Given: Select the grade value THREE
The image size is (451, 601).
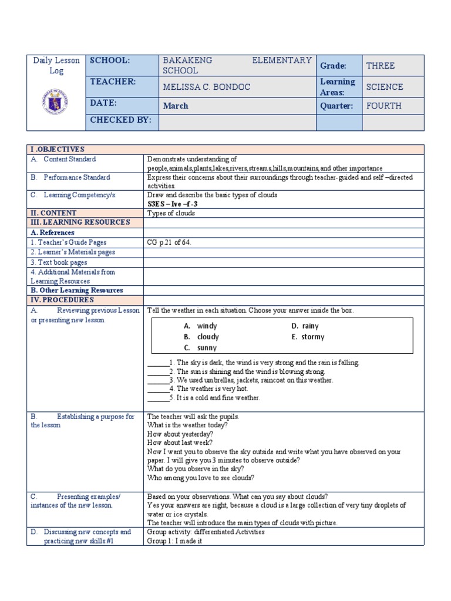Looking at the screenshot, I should point(380,66).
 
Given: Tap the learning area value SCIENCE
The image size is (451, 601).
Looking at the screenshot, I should point(384,87).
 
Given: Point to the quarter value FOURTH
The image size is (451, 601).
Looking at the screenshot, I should point(383,106).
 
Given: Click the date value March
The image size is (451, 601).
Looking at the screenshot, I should point(175,106).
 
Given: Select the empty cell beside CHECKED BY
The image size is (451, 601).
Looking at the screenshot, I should point(237,122).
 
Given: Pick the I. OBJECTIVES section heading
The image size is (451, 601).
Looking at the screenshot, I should point(58,150).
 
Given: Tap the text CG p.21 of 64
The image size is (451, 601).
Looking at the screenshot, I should point(169,242).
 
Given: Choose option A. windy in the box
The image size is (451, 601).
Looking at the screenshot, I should point(200,326).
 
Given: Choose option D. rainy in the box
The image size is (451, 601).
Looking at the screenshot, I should point(305,326).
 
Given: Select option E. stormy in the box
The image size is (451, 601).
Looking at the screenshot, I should point(308,337).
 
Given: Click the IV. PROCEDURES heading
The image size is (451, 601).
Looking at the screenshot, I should point(62,300).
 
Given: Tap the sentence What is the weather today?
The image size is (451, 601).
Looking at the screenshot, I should point(187,425).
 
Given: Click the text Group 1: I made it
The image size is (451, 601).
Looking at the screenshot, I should point(174,541).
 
